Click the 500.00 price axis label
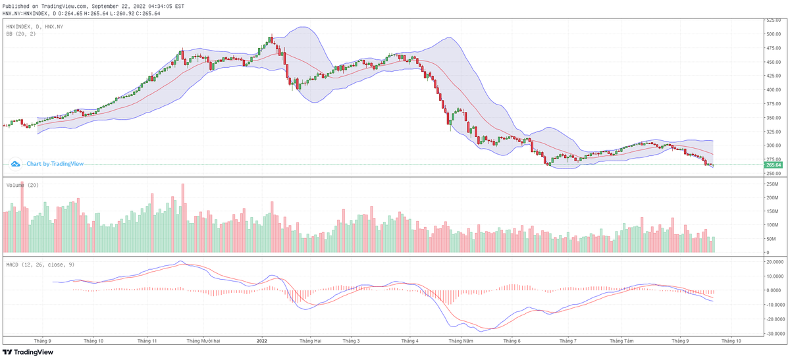pos(772,34)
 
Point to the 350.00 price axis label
pos(772,117)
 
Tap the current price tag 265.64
pos(773,165)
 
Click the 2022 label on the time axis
pos(261,341)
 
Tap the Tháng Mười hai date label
pos(203,341)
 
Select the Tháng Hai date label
pos(310,341)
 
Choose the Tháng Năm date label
pos(460,341)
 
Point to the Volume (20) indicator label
pos(22,185)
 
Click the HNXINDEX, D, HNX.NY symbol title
pos(35,26)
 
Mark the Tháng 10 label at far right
pos(731,341)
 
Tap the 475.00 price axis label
pos(772,47)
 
